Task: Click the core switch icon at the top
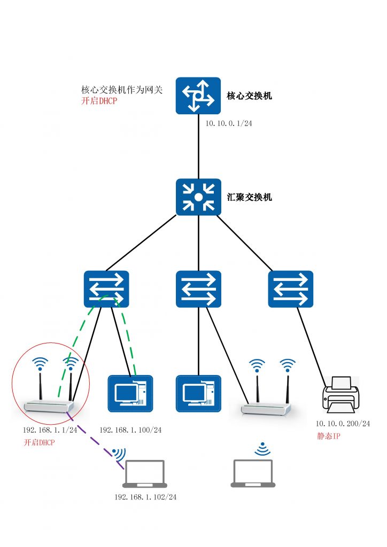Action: [198, 95]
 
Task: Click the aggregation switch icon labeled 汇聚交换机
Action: [198, 197]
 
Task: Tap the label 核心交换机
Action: [249, 96]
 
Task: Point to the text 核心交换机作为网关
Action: [121, 90]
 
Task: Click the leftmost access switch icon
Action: [106, 289]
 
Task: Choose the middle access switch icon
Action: [198, 289]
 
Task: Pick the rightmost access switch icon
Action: [291, 289]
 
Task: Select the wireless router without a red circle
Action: [267, 395]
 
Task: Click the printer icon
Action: [340, 395]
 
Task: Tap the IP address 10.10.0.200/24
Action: [343, 424]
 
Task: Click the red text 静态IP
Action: [329, 436]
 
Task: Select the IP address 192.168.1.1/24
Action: [50, 430]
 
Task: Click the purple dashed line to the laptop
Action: [94, 436]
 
